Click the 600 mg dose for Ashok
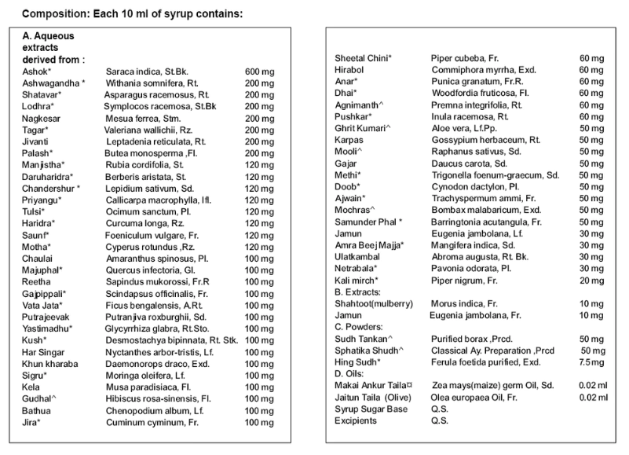pyautogui.click(x=258, y=72)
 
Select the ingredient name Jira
pyautogui.click(x=30, y=423)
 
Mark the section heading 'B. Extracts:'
pyautogui.click(x=357, y=292)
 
